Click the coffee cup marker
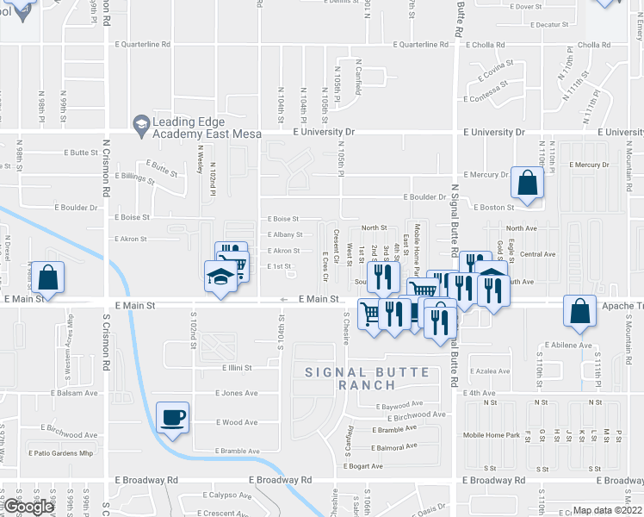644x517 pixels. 173,418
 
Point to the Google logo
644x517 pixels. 28,507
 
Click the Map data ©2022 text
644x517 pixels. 608,510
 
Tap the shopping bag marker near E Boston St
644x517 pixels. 526,184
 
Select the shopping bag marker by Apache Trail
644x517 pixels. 581,311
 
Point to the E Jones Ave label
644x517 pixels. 236,393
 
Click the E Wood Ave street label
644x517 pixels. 236,422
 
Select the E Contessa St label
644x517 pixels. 488,99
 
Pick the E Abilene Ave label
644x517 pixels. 567,346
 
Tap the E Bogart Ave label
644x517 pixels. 362,466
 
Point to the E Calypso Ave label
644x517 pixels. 227,495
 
